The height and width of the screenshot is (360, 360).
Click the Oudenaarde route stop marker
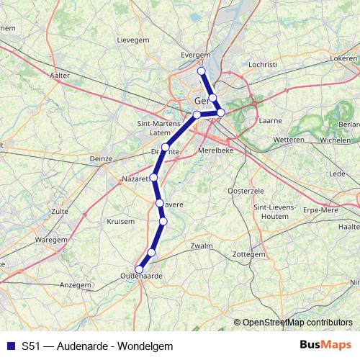139,269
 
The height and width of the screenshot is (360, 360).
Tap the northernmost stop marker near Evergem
202,71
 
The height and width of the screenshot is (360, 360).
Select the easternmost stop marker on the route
221,112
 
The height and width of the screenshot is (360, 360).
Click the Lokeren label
343,57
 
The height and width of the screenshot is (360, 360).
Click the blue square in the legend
12,346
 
